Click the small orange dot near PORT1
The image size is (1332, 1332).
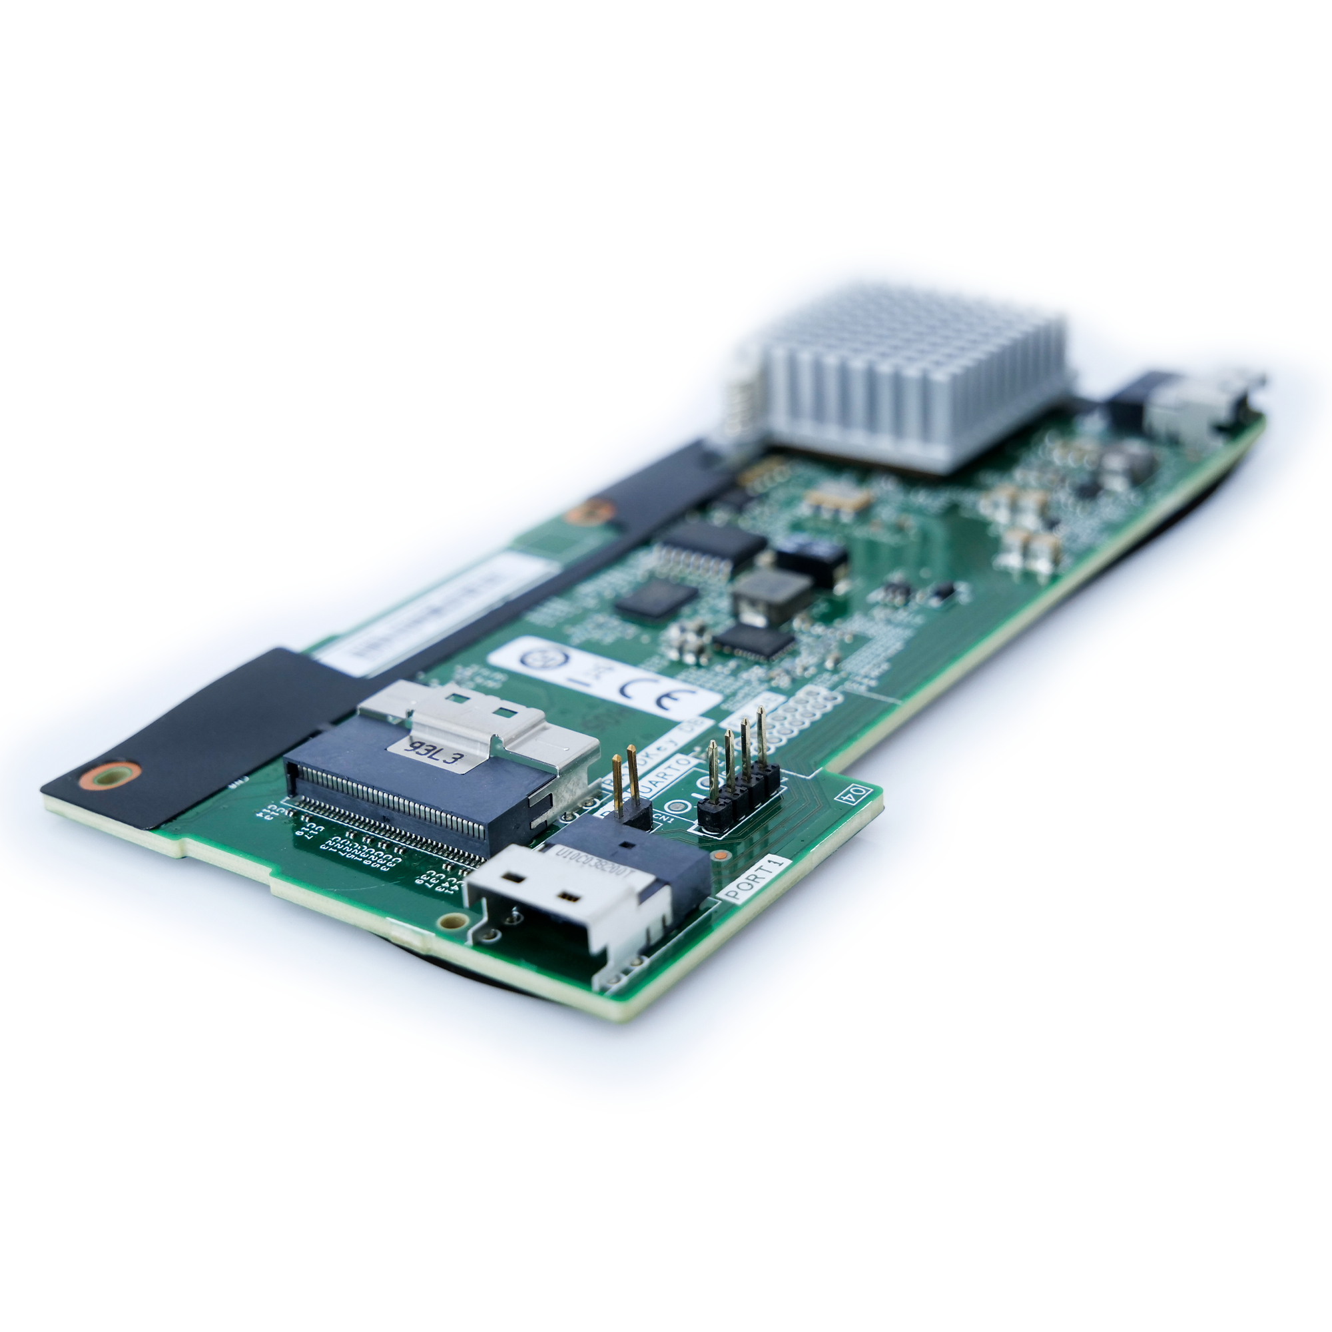[x=720, y=856]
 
